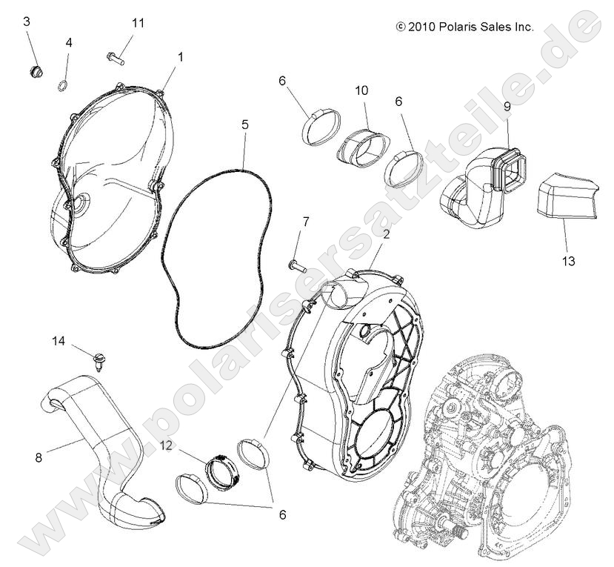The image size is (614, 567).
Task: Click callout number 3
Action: [x=27, y=21]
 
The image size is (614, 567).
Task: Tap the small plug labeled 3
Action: [x=34, y=71]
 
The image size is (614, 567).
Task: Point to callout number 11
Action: [x=138, y=23]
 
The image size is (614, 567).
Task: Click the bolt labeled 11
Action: [x=116, y=55]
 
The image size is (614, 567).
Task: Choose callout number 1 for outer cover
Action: [x=180, y=56]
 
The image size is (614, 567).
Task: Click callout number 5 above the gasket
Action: [x=245, y=125]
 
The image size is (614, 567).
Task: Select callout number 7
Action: [x=305, y=222]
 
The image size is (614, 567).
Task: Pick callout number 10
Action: [x=361, y=90]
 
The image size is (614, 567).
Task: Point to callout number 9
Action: [x=507, y=107]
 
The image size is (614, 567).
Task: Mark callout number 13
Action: [x=569, y=261]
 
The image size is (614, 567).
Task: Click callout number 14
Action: [x=59, y=341]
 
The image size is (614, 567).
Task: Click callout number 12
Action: [x=167, y=446]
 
